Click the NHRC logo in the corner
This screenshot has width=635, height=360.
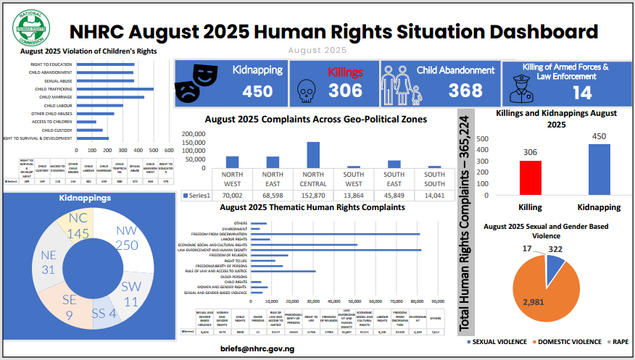[x=31, y=28]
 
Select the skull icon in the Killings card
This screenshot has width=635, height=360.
[x=307, y=89]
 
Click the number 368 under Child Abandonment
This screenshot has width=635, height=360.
[x=465, y=90]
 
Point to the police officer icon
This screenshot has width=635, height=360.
[x=523, y=90]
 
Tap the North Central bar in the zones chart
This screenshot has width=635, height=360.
[x=313, y=154]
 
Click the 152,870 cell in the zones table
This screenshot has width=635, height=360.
[x=313, y=194]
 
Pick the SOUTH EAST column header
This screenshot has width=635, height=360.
[x=394, y=178]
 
